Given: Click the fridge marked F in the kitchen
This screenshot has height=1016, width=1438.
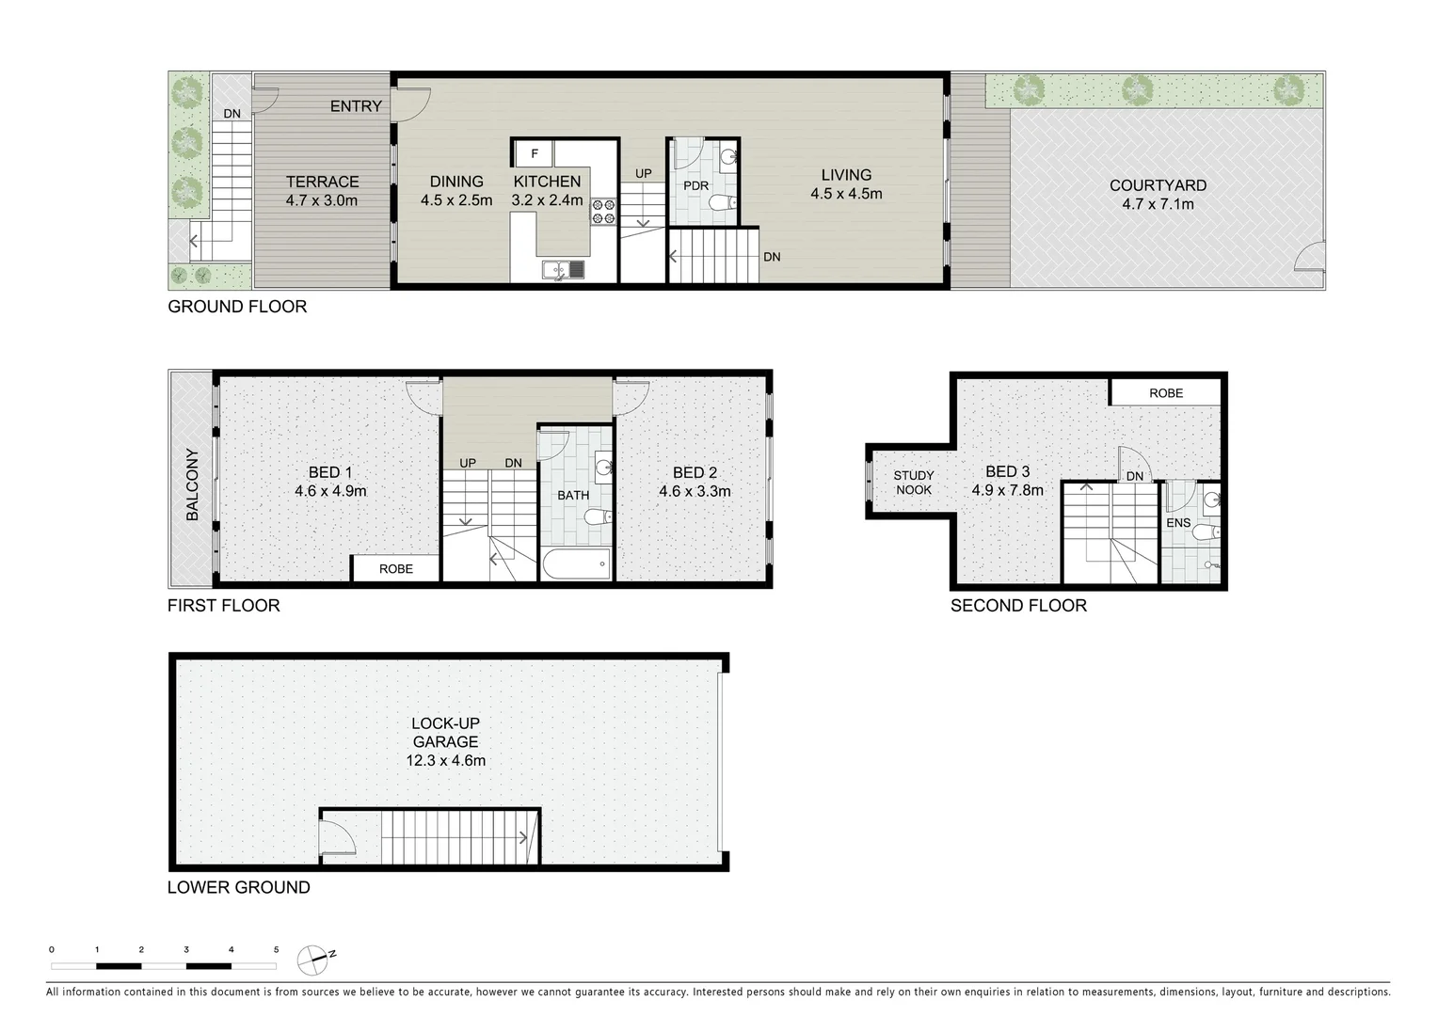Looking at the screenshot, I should click(x=534, y=153).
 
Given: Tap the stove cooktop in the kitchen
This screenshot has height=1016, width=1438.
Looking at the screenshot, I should click(x=602, y=212).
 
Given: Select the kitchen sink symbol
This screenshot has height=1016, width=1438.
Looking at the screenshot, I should click(x=563, y=271).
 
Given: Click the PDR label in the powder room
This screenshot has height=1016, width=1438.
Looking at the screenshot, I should click(x=695, y=185).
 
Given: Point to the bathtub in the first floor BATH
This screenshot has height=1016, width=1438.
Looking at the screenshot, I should click(x=576, y=564).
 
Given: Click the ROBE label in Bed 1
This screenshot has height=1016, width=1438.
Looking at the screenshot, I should click(x=396, y=568).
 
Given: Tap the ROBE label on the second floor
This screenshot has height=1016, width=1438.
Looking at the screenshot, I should click(x=1165, y=393).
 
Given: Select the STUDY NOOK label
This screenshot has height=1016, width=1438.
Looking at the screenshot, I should click(x=913, y=483).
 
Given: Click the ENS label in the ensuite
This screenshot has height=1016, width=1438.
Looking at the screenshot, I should click(x=1177, y=523).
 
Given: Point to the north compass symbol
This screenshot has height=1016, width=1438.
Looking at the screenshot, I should click(x=314, y=960).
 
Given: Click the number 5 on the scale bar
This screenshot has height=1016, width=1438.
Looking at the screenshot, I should click(x=276, y=950).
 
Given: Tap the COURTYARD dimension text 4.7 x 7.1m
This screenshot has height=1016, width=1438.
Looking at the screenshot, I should click(x=1158, y=204).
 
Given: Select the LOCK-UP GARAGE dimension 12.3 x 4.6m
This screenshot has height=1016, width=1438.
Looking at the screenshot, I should click(x=445, y=760).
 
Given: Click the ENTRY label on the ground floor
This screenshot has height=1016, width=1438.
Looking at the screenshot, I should click(x=356, y=106).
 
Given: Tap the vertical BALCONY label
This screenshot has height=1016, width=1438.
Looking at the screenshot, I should click(x=192, y=484).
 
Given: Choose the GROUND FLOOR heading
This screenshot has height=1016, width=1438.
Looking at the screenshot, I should click(x=237, y=307).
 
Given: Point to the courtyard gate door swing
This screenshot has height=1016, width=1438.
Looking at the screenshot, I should click(x=1310, y=256).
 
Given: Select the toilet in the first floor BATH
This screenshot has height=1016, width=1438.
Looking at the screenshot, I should click(x=597, y=516).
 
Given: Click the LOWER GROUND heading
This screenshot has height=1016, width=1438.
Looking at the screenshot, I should click(x=238, y=887).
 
